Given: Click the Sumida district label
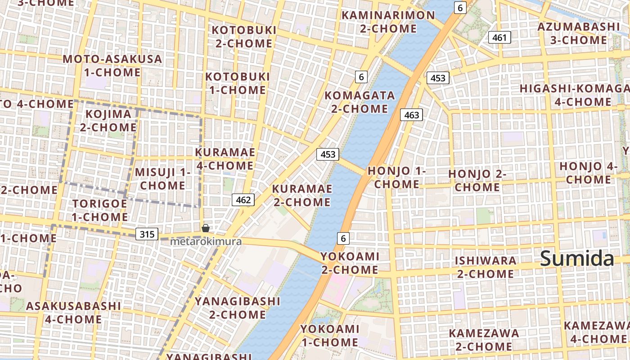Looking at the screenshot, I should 577,259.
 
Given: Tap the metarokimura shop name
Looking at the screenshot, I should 206,242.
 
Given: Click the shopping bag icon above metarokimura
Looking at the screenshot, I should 206,228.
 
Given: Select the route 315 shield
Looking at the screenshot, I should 147,234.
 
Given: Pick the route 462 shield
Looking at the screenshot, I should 243,199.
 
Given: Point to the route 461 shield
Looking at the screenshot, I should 499,38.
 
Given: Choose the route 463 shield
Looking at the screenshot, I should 411,115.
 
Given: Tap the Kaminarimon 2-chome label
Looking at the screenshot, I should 388,22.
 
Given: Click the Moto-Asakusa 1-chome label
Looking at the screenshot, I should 112,66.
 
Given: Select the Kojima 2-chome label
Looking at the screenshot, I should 108,121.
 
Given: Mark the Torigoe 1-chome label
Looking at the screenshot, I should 100,210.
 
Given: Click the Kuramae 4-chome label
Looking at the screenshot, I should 225,159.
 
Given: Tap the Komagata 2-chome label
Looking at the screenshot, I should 360,102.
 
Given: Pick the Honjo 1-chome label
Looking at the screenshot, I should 396,177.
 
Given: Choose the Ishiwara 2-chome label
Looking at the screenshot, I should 486,267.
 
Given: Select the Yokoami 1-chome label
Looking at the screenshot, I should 330,335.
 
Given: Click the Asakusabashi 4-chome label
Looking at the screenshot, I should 73,313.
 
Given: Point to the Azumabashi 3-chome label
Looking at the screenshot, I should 579,33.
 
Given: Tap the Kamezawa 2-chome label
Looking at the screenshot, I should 484,340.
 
